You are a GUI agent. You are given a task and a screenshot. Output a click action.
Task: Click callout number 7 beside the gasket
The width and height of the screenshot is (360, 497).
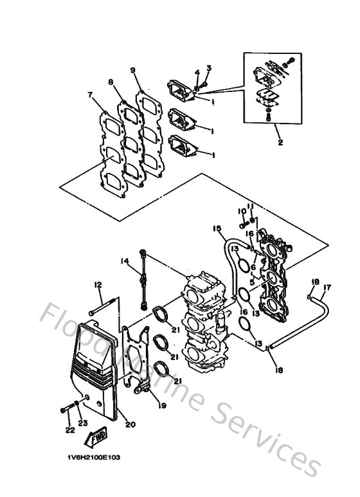90,95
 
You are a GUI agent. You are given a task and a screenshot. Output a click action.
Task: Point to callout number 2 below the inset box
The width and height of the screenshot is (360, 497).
280,143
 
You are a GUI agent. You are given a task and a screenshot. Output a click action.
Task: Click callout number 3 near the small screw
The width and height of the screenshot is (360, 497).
209,68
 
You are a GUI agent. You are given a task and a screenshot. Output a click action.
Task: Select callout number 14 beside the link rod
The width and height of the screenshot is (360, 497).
125,260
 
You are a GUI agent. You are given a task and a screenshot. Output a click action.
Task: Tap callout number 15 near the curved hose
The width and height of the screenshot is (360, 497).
216,229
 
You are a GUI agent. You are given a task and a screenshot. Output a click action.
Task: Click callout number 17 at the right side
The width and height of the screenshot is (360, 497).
327,287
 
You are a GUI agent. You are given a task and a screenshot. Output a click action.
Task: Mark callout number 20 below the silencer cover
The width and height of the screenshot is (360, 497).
131,424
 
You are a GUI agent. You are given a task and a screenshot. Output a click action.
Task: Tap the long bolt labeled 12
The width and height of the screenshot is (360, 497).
104,307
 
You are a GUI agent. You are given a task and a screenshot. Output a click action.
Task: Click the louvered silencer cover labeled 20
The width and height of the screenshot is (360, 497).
96,370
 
